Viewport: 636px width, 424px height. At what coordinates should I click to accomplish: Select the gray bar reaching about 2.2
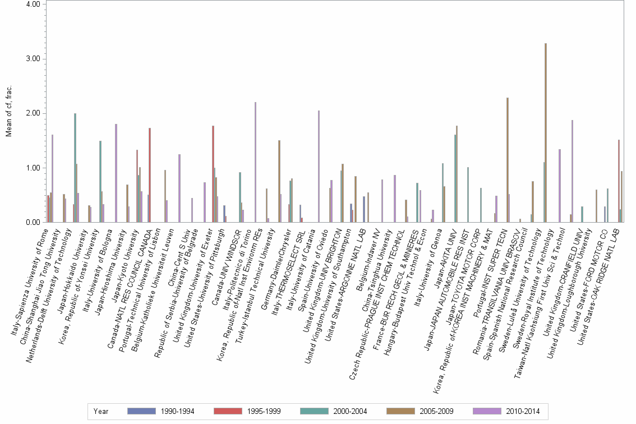[x=256, y=162]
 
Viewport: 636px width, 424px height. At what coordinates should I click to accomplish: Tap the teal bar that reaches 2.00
[x=75, y=168]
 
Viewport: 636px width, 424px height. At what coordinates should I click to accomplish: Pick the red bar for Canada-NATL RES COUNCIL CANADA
[x=150, y=175]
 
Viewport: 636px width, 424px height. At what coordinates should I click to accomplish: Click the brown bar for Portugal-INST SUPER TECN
[x=508, y=160]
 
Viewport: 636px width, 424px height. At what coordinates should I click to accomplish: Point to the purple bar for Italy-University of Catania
[x=319, y=166]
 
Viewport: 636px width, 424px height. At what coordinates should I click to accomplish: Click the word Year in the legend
[x=101, y=412]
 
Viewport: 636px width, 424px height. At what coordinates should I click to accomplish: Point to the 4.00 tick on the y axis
[x=33, y=4]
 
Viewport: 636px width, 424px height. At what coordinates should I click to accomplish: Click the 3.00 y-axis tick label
[x=33, y=59]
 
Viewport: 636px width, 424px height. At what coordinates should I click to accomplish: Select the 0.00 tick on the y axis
[x=33, y=223]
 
